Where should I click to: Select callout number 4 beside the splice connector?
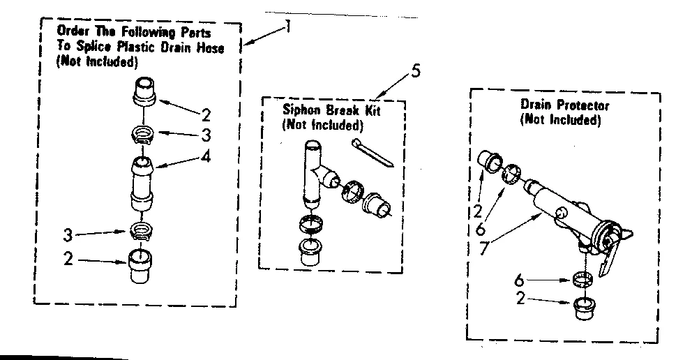(205, 157)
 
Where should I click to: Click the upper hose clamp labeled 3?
(143, 133)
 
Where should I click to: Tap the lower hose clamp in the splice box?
(142, 231)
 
